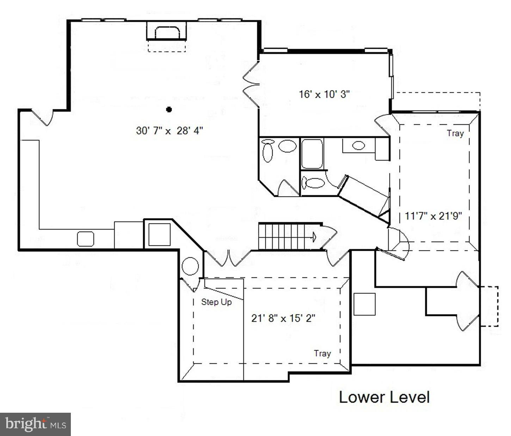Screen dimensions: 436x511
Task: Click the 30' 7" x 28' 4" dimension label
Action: (169, 131)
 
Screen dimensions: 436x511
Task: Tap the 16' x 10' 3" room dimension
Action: (324, 95)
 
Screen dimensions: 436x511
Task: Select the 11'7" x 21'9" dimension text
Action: (433, 216)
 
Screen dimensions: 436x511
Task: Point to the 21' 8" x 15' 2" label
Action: (283, 318)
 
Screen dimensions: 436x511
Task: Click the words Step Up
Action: (216, 302)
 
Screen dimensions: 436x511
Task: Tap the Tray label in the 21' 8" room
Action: (322, 353)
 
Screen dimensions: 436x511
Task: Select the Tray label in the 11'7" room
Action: (455, 133)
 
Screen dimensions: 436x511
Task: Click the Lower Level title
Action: (384, 397)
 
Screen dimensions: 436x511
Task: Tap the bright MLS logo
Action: (35, 424)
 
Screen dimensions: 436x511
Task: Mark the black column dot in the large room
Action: (169, 109)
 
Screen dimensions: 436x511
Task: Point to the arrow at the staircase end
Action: (313, 237)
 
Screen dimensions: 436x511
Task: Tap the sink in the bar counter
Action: (86, 239)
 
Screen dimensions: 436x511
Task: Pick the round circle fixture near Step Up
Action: (190, 266)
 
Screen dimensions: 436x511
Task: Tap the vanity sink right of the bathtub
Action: (358, 145)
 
